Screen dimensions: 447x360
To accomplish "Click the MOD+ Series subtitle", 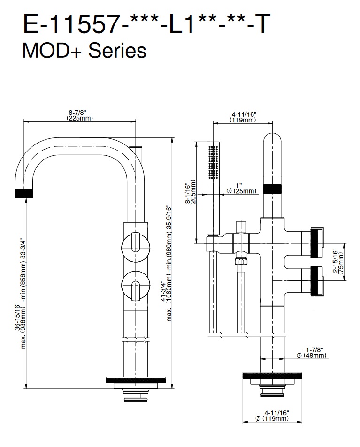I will click(x=84, y=50).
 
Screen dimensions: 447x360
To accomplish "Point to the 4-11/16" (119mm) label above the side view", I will click(x=243, y=117).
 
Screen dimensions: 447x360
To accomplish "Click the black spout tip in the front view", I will click(x=25, y=193).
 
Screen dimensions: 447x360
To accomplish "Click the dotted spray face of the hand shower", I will click(x=214, y=162).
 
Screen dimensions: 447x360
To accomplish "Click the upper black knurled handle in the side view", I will click(x=317, y=242).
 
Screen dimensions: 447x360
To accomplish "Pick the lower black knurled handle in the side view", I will click(x=317, y=280).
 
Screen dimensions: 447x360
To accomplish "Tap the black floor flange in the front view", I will click(x=136, y=379).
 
